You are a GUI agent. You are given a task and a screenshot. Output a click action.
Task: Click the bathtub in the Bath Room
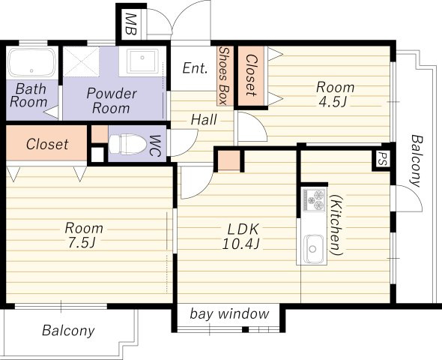pos(31,63)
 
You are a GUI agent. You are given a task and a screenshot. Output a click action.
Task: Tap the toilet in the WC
pos(128,145)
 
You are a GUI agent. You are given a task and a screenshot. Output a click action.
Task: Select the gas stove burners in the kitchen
pos(313,200)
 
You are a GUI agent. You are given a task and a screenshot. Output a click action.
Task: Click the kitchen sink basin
pos(312,248)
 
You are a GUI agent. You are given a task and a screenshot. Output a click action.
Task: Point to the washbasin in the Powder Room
pos(142,61)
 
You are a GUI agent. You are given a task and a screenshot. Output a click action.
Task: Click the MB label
pos(130,24)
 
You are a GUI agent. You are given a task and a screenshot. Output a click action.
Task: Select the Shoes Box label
pos(224,76)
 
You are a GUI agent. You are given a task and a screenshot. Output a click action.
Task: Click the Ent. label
pos(195,68)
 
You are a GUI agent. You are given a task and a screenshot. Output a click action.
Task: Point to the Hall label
pos(204,119)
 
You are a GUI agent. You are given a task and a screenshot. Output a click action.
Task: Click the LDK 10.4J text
pos(241,236)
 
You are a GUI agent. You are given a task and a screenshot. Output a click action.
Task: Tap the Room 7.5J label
pos(84,235)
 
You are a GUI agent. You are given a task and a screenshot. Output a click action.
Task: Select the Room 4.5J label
pos(335,94)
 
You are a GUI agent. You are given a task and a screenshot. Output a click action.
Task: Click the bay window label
pos(229,313)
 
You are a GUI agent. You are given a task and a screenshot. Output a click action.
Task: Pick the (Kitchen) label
pos(336,225)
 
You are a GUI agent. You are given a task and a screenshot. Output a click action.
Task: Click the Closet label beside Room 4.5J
pos(252,75)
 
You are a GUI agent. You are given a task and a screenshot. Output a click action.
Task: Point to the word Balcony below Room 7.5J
pos(68,331)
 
